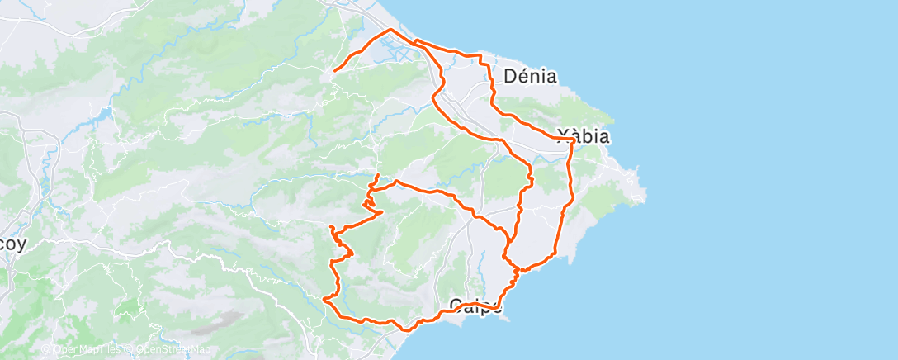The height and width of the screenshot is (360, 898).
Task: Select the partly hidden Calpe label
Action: click(x=476, y=307)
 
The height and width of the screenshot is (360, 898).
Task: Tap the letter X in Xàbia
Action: click(x=563, y=136)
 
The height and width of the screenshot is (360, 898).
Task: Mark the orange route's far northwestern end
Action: click(x=333, y=71)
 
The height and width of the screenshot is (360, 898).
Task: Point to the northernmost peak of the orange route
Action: click(x=390, y=30)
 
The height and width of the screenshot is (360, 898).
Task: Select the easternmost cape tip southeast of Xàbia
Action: click(x=645, y=195)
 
